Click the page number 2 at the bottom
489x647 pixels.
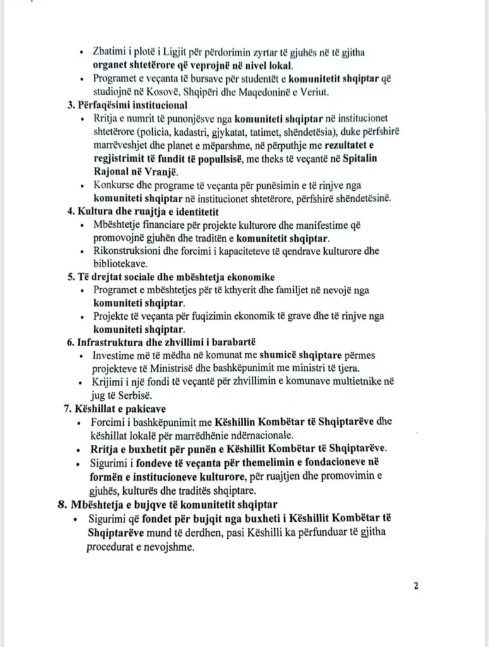click(x=416, y=585)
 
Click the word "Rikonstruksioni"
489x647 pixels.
click(x=126, y=251)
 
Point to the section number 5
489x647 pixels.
click(x=70, y=277)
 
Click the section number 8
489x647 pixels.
click(x=62, y=504)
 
